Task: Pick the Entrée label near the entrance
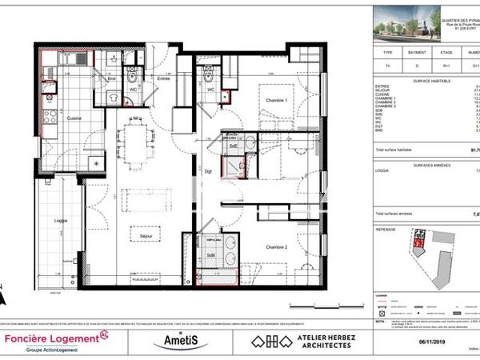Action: pos(164,78)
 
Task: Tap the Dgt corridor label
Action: pos(206,171)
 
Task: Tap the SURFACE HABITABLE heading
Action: pos(433,79)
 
